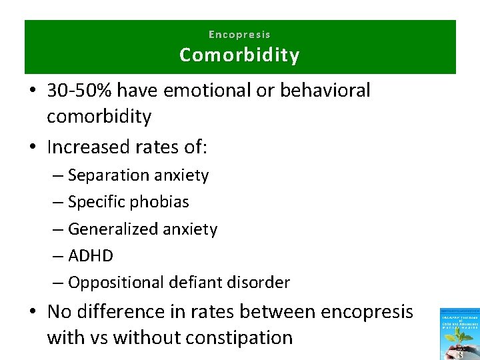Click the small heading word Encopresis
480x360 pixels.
(x=239, y=34)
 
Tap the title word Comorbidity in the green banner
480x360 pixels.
(x=239, y=55)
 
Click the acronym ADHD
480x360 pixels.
(x=91, y=256)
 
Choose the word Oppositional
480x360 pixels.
(x=111, y=283)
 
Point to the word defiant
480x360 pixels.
(x=183, y=283)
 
